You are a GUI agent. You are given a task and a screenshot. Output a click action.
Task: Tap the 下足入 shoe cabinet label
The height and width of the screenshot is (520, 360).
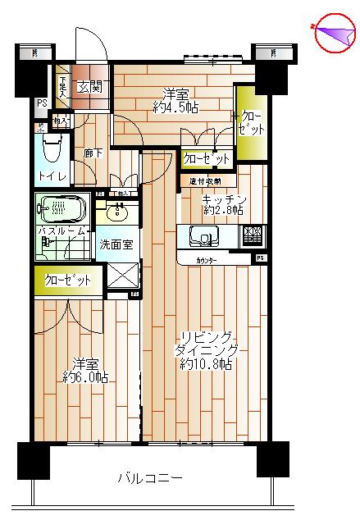coord(63,87)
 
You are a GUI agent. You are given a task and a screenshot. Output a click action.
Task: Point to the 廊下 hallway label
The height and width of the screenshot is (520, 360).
coord(92,153)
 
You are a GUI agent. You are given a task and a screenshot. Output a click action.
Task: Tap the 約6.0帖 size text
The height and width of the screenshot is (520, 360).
coord(86,377)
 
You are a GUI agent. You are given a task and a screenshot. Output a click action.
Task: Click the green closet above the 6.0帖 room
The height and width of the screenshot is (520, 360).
coord(68,280)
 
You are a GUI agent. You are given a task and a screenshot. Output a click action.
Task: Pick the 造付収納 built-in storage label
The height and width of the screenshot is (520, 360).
coord(205,180)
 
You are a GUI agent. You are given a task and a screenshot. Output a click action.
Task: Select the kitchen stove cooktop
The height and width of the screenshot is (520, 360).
coord(253,236)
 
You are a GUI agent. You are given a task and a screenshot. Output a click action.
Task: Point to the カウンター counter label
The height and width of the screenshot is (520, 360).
coord(207,258)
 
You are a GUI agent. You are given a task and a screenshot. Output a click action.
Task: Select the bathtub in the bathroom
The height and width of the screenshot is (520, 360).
coord(60,208)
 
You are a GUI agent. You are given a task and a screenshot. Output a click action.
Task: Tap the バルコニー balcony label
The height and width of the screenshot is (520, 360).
coord(149,478)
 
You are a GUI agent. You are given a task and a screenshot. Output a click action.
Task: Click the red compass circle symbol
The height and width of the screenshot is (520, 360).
coord(335,34)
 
